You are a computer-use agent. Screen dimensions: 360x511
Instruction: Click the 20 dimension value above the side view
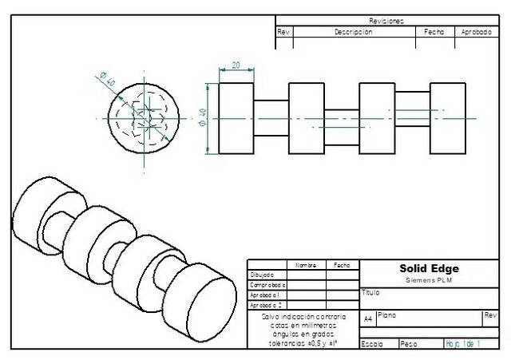pyautogui.click(x=236, y=65)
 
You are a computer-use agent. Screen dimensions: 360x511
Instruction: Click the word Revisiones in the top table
pyautogui.click(x=386, y=21)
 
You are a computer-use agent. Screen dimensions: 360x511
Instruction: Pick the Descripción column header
pyautogui.click(x=353, y=33)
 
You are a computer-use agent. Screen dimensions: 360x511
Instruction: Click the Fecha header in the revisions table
pyautogui.click(x=434, y=33)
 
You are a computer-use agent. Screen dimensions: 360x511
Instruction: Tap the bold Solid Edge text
pyautogui.click(x=423, y=269)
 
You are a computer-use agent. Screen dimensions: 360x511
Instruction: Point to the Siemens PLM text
pyautogui.click(x=423, y=280)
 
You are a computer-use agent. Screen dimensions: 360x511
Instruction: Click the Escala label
pyautogui.click(x=373, y=344)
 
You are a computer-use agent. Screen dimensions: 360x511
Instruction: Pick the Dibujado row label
pyautogui.click(x=263, y=275)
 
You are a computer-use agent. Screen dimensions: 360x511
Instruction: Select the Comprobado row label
pyautogui.click(x=267, y=285)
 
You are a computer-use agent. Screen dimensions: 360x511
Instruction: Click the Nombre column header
pyautogui.click(x=306, y=264)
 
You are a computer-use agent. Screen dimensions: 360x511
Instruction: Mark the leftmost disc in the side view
pyautogui.click(x=236, y=118)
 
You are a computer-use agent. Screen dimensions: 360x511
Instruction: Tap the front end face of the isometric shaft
pyautogui.click(x=204, y=301)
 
